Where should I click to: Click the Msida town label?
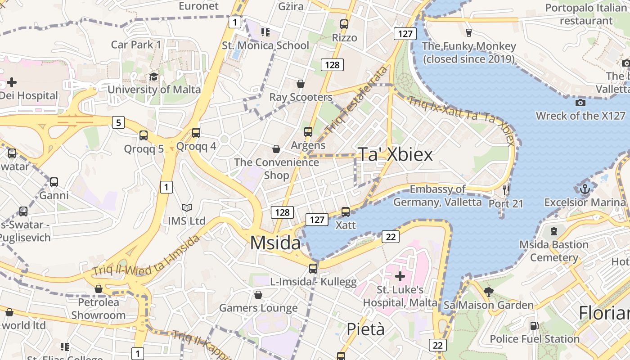pos(275,243)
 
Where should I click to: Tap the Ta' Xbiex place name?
pos(395,154)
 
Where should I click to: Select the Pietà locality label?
pos(365,329)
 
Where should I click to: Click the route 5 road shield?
pos(118,122)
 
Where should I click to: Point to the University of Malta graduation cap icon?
pos(153,76)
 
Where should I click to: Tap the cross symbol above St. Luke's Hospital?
pos(400,276)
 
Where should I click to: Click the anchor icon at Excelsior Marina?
pos(585,189)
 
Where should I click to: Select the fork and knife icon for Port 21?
pos(506,190)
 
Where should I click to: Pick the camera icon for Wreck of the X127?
pos(580,103)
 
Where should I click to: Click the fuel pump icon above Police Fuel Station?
pos(534,325)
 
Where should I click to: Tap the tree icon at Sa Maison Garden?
pos(488,292)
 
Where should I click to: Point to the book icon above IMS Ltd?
pos(186,207)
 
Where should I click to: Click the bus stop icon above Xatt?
pos(346,211)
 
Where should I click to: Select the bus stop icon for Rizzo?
pos(344,24)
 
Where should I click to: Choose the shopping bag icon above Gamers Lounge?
pos(258,295)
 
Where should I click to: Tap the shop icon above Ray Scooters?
pos(301,84)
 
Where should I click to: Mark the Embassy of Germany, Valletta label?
pos(437,196)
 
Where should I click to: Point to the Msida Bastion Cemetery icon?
pos(554,231)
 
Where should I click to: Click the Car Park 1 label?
pos(136,45)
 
